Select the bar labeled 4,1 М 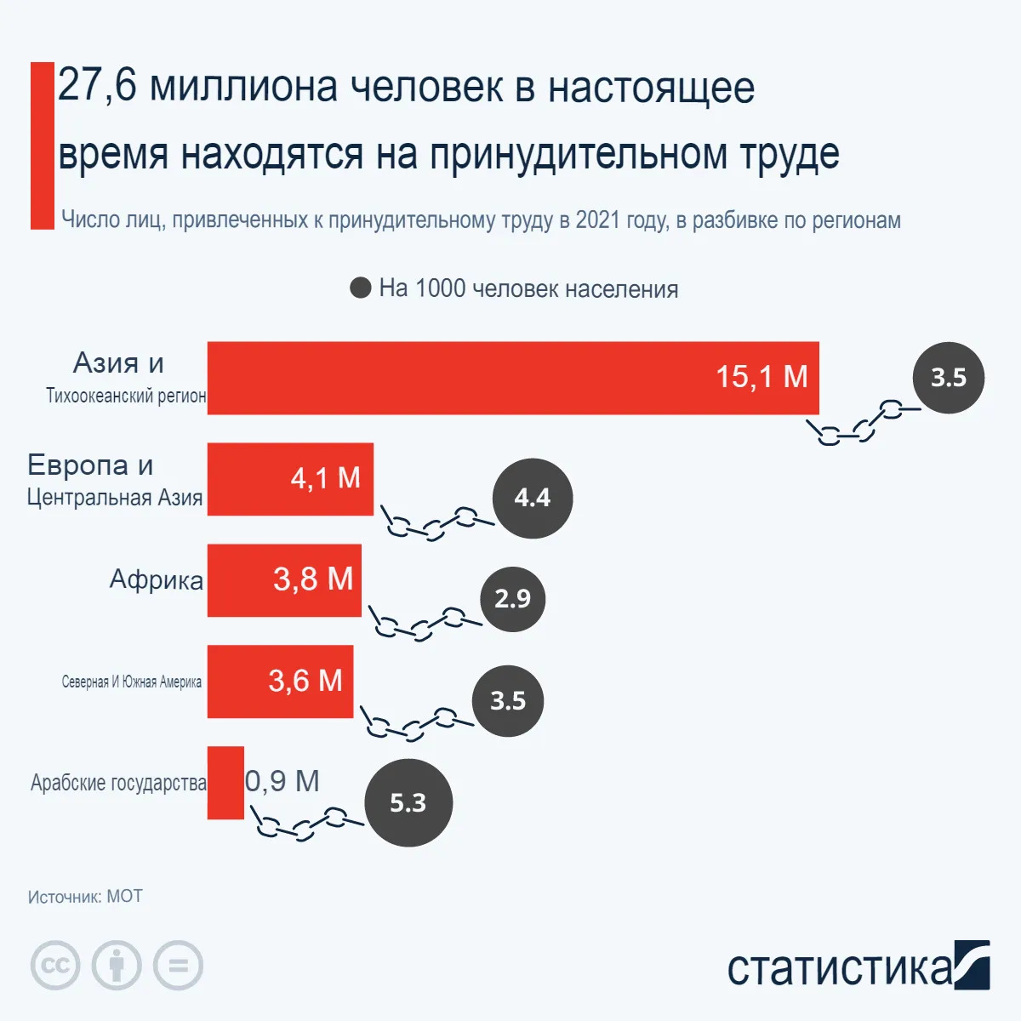point(289,479)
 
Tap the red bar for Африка point(284,580)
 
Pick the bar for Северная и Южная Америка point(280,682)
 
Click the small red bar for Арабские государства point(225,783)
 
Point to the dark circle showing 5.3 point(408,802)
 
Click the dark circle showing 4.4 point(533,498)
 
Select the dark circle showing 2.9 point(512,599)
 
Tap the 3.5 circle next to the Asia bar point(948,378)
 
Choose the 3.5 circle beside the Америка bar point(508,701)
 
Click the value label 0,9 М point(282,781)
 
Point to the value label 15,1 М point(761,376)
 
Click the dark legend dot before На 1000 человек point(361,288)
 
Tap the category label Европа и point(90,465)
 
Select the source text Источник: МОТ point(85,897)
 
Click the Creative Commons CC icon point(55,966)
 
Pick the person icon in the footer point(117,966)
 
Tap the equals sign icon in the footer point(179,966)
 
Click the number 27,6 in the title point(96,87)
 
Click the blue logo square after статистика point(972,965)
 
